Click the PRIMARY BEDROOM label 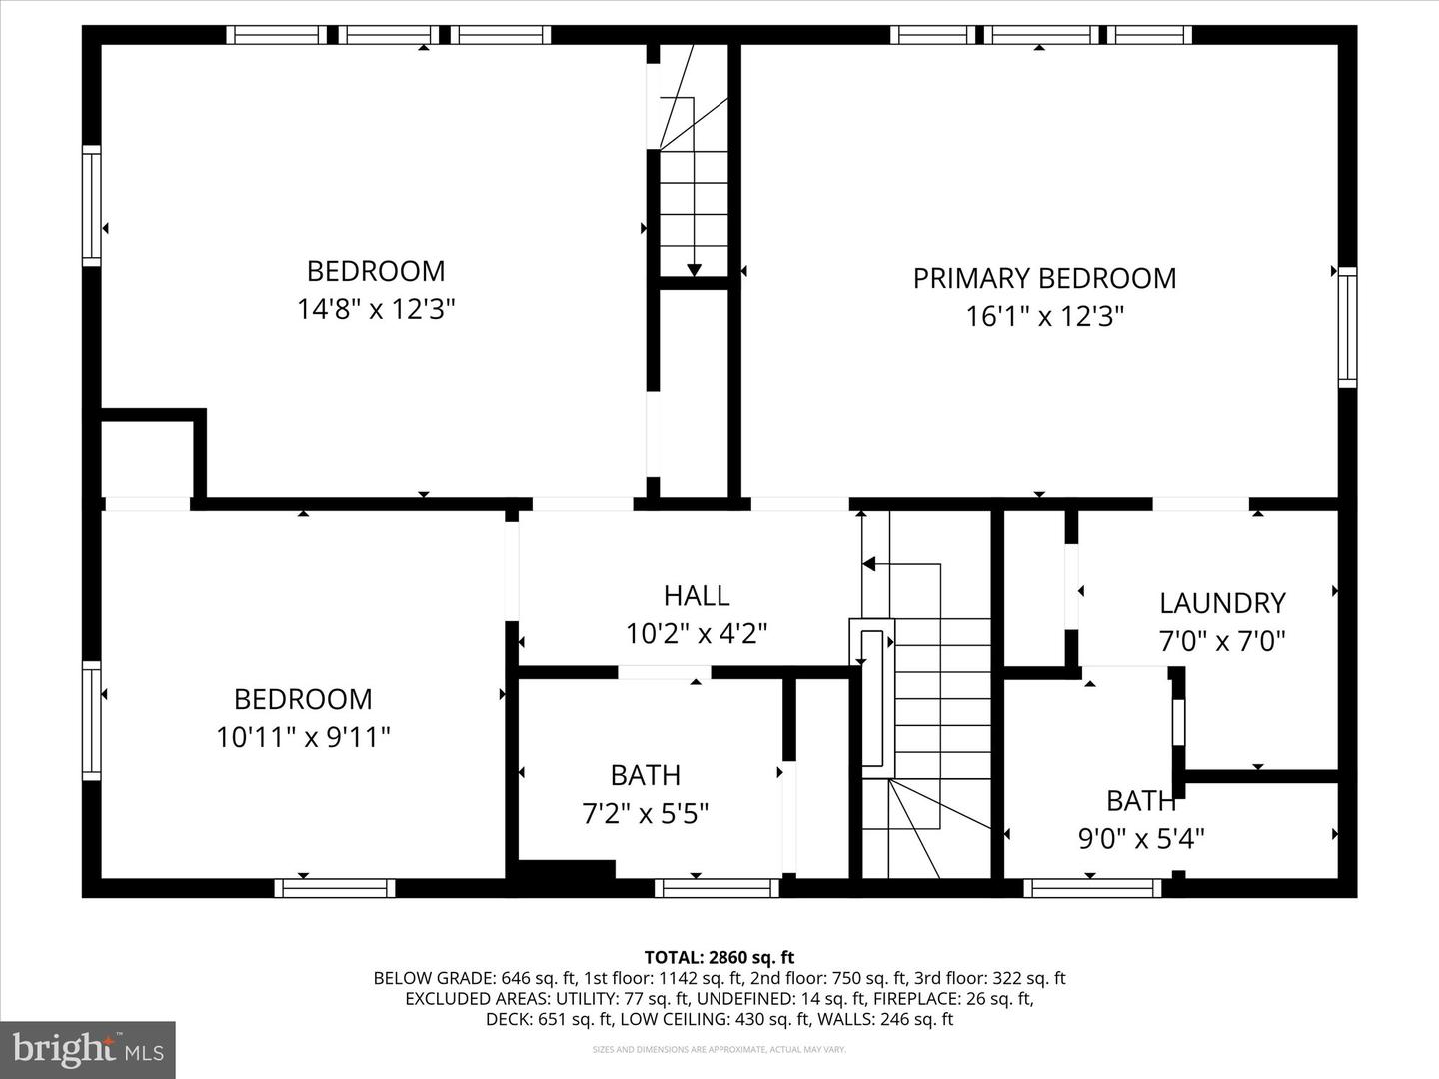tap(1044, 278)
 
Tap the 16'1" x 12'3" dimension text tap(1044, 317)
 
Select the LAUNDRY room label tap(1221, 603)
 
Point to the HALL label tap(697, 596)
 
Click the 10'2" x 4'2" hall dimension tap(697, 634)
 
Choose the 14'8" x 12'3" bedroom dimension tap(376, 309)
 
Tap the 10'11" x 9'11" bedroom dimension tap(303, 738)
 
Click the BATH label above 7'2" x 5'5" tap(646, 775)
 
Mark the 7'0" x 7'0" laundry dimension tap(1221, 641)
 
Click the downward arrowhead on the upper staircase tap(694, 269)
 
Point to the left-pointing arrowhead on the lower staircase tap(868, 564)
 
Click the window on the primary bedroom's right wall tap(1347, 327)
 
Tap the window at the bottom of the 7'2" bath tap(717, 888)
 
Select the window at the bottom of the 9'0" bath tap(1093, 888)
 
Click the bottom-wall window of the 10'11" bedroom tap(335, 888)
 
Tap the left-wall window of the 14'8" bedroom tap(92, 205)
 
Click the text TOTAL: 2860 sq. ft tap(719, 958)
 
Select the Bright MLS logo tap(87, 1049)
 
